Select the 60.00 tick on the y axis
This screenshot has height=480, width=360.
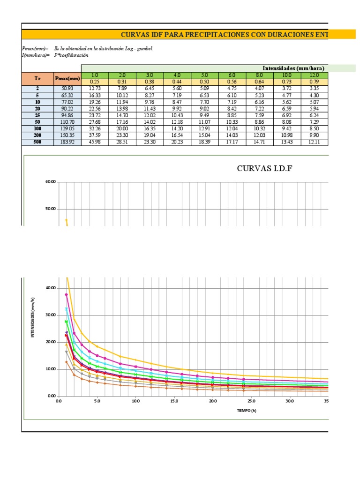[50, 182]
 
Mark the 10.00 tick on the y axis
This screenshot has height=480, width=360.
[50, 369]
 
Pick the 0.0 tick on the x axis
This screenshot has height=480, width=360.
[59, 401]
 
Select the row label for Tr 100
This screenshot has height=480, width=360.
[37, 128]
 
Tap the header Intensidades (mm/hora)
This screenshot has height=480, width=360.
[293, 68]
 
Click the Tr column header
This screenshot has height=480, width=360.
[37, 78]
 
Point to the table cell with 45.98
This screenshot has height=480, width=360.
[95, 142]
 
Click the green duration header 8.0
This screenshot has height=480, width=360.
[260, 75]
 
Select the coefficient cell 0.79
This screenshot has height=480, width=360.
[315, 82]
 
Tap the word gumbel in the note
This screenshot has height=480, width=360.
[144, 48]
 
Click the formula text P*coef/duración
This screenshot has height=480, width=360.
[71, 55]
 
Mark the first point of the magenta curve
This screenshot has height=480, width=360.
[66, 294]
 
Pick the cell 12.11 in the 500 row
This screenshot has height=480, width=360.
[315, 142]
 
